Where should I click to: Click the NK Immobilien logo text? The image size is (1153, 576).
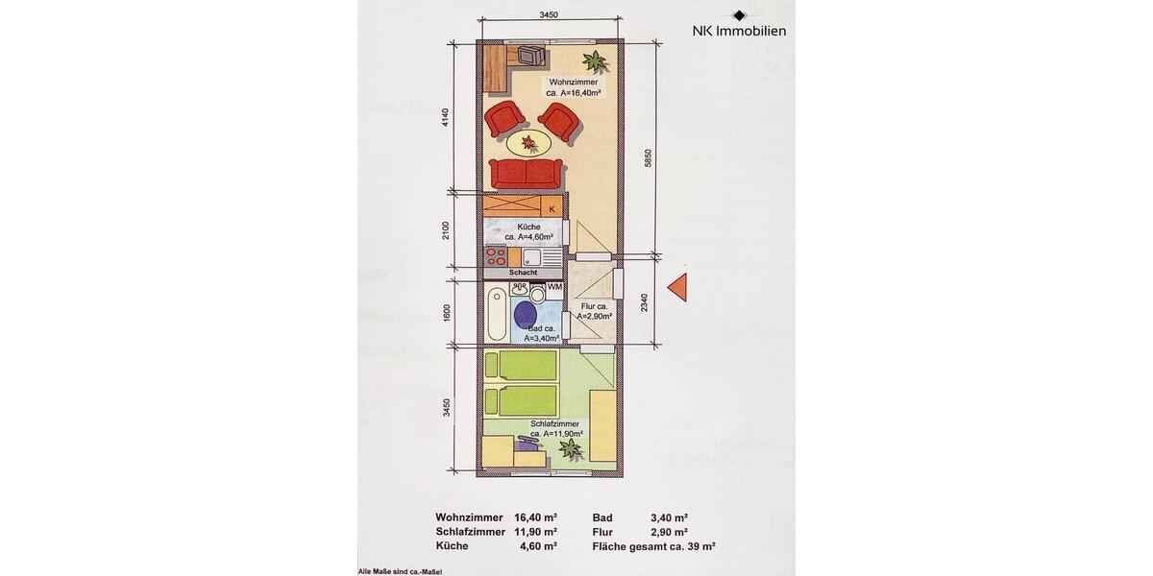click(x=739, y=31)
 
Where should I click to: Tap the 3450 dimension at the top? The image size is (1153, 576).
click(x=549, y=14)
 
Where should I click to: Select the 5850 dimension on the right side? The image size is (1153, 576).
click(x=649, y=159)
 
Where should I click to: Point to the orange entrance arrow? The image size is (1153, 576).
click(x=679, y=287)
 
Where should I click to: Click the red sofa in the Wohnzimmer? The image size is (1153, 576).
click(x=526, y=174)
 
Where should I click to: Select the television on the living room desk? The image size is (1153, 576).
click(x=528, y=56)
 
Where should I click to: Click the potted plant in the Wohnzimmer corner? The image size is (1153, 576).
click(x=596, y=61)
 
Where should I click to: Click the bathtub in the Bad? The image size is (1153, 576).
click(x=496, y=313)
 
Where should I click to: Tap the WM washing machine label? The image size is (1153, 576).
click(x=554, y=287)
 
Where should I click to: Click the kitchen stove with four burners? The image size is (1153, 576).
click(x=496, y=256)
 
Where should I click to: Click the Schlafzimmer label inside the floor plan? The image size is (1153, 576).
click(x=554, y=428)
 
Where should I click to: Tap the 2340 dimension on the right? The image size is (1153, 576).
click(x=649, y=302)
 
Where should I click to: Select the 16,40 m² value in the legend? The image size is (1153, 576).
click(x=535, y=517)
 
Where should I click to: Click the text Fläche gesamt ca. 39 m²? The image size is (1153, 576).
click(x=654, y=546)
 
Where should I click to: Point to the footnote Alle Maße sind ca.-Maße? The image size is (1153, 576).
click(x=400, y=570)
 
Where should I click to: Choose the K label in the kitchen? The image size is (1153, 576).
click(x=552, y=206)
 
